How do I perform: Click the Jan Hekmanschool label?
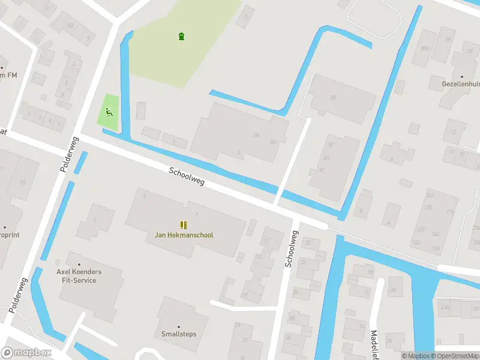pos(184,235)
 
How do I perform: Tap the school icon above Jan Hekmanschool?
pos(184,225)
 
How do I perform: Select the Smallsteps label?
pos(179,334)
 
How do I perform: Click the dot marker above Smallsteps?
pos(179,325)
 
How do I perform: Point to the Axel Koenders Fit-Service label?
pos(79,276)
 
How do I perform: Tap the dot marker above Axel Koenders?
pos(79,263)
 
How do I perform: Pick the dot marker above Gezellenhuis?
pos(462,77)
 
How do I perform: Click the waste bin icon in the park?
pos(181,37)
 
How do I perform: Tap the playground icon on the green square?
pos(109,111)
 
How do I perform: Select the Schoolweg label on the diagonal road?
pos(187,176)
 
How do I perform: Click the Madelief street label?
pos(374,344)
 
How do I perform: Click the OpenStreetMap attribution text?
pos(458,356)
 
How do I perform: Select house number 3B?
pos(256,135)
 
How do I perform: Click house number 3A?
pos(273,142)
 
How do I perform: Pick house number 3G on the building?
pos(333,98)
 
